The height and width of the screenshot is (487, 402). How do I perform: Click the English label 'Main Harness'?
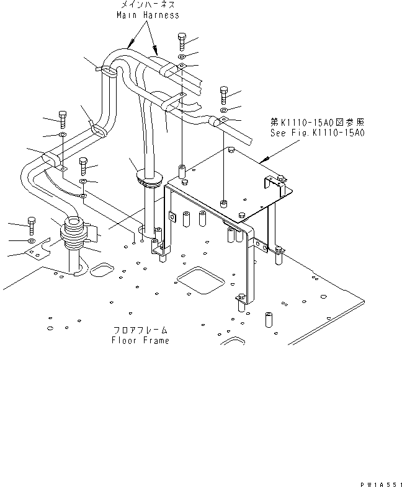coord(148,15)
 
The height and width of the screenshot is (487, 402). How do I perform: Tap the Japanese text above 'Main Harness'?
coord(148,5)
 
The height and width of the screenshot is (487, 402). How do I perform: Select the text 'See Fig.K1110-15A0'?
coord(318,133)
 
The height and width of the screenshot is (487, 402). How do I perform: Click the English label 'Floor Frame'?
coord(140,340)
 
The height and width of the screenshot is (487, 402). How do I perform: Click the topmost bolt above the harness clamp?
coord(181,41)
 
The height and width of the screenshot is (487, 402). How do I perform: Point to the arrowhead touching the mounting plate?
coord(263,160)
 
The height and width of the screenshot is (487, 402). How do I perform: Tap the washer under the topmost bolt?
coord(181,57)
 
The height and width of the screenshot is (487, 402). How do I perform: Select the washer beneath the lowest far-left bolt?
coord(32,240)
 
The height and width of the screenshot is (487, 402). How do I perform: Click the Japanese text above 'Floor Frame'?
coord(140,330)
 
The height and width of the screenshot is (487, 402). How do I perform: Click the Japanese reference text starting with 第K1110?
coord(318,123)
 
